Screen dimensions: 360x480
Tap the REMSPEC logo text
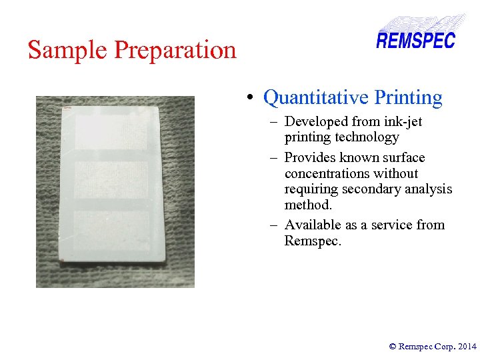point(415,41)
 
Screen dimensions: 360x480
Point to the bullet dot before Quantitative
point(248,99)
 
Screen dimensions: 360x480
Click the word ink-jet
point(401,122)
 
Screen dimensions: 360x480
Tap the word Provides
point(308,158)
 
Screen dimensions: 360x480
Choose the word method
point(307,205)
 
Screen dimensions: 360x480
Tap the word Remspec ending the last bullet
point(312,241)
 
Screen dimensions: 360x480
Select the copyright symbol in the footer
point(393,346)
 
